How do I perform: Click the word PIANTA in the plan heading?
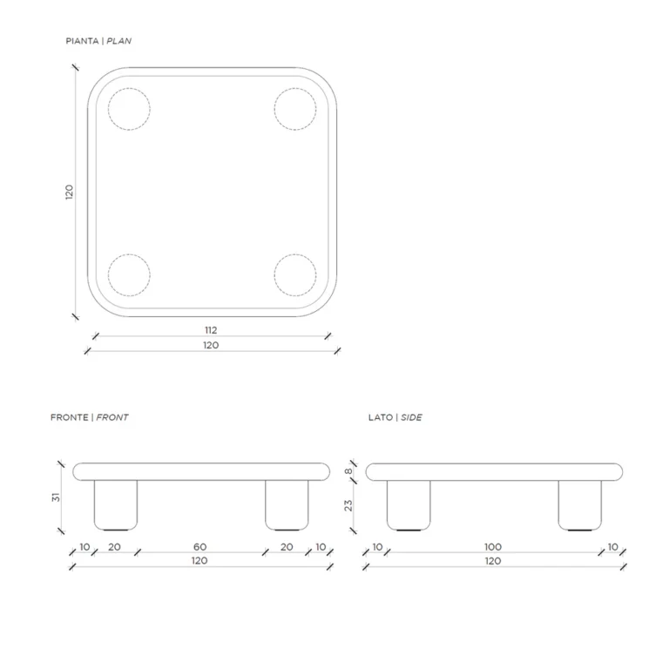82,41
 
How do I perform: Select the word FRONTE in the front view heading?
69,417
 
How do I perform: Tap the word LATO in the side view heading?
381,417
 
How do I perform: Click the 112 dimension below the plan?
211,330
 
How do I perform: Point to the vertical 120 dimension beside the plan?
69,192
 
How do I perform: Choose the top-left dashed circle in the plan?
129,109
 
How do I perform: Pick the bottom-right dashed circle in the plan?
295,275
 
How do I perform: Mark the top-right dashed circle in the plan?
295,109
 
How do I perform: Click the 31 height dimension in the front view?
56,497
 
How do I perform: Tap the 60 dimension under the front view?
199,546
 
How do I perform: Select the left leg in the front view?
116,505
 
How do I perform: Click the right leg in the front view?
287,505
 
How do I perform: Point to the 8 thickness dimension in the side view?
348,471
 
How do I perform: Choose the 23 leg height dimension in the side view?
348,505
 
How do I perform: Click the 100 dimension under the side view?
493,546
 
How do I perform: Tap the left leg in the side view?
409,505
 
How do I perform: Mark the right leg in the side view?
580,505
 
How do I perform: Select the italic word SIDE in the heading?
411,417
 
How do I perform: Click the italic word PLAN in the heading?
119,41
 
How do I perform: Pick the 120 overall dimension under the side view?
493,561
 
